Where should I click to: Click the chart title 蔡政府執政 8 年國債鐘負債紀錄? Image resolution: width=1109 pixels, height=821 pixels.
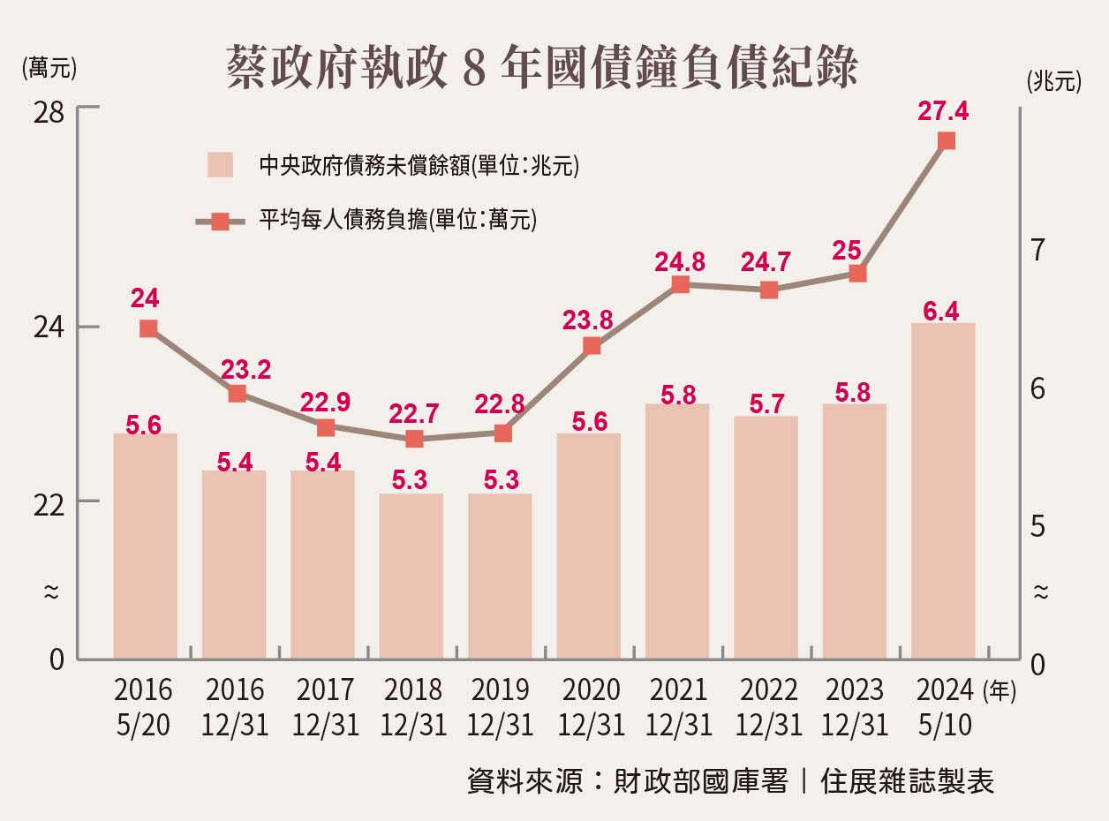pos(541,68)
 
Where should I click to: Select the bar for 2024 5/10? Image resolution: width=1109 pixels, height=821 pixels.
pos(943,490)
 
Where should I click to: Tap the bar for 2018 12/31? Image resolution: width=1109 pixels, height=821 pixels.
pos(411,576)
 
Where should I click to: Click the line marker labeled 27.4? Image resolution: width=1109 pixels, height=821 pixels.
pos(947,140)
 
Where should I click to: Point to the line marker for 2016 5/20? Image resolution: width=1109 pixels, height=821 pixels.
pos(148,328)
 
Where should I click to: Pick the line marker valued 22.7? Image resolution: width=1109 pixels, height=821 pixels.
pos(414,439)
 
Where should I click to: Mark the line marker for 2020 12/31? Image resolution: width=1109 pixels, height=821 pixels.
pos(592,346)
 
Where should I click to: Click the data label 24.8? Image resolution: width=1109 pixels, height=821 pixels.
pos(679,262)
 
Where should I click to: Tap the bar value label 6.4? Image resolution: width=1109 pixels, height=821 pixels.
pos(941,311)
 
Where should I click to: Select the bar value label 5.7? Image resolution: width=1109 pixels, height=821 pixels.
pos(766,403)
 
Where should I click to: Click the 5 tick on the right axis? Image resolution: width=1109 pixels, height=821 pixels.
pos(1038,527)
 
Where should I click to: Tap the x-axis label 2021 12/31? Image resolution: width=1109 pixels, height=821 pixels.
pos(679,707)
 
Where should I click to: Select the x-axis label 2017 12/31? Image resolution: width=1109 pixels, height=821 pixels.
pos(325,707)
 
